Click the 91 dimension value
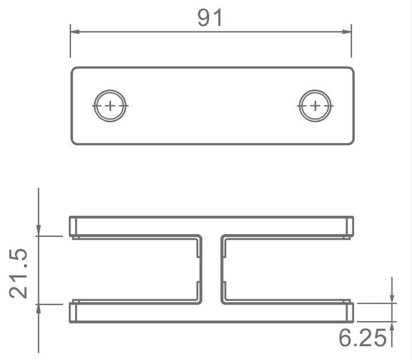coord(210,18)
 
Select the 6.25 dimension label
coord(362,338)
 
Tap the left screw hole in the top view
coord(109,106)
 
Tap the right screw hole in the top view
coord(315,106)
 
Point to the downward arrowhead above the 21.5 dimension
coord(38,230)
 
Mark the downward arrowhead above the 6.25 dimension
coord(392,298)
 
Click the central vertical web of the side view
coord(213,269)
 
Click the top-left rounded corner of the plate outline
coord(74,70)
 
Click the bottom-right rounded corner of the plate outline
coord(351,141)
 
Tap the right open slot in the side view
coord(287,269)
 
